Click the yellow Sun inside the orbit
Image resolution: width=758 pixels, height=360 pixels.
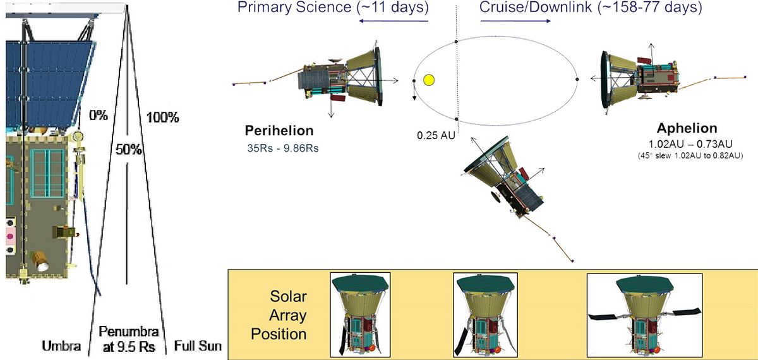coord(429,80)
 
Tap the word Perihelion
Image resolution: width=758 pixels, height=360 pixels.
coord(279,131)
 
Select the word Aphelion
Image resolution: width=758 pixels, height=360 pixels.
coord(687,128)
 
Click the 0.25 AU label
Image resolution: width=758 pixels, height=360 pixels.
coord(436,135)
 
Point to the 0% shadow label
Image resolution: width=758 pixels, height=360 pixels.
coord(99,116)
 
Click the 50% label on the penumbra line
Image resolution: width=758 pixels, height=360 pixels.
coord(129,149)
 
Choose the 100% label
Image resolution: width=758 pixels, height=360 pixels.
coord(162,117)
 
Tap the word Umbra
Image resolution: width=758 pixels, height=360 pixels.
coord(61,346)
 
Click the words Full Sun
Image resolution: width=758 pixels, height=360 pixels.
coord(198,346)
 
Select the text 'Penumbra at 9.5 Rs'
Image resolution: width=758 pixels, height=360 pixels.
coord(129,339)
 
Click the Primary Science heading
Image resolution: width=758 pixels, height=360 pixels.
coord(333,7)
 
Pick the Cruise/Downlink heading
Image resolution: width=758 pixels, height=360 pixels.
coord(591,7)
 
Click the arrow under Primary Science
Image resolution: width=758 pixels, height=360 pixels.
coord(394,21)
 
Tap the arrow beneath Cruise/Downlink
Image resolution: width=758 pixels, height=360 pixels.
coord(515,21)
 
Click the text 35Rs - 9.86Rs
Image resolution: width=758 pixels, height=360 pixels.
coord(283,148)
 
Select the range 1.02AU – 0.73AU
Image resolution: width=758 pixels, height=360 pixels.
coord(690,144)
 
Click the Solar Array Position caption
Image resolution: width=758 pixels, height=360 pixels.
coord(279,315)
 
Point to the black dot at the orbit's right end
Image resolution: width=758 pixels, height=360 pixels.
coord(577,79)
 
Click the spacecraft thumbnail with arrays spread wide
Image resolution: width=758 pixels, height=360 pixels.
coord(645,315)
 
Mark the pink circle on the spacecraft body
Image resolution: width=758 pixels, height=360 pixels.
coord(10,236)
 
